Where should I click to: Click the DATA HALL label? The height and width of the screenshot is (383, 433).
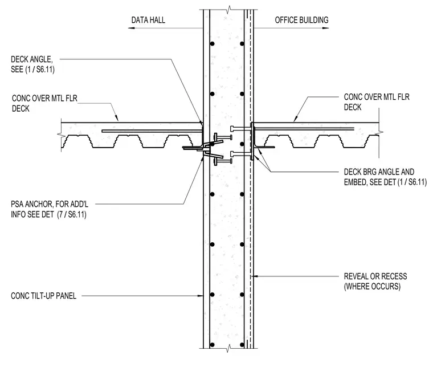[148, 20]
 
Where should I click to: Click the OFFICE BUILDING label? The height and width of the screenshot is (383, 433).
[301, 20]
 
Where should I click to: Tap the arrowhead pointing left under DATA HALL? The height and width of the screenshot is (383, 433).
[131, 28]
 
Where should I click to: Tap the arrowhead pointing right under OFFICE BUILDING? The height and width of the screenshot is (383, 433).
[325, 28]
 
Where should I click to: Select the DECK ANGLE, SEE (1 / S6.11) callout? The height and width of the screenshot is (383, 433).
[32, 64]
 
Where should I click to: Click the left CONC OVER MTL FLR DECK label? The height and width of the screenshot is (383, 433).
[44, 103]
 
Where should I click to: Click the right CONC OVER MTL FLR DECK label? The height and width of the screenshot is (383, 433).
[377, 102]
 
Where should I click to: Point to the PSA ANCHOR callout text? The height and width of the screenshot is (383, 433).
[50, 209]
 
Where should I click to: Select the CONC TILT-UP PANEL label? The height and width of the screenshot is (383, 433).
[43, 296]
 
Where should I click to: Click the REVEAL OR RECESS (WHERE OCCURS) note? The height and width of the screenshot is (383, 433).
[375, 281]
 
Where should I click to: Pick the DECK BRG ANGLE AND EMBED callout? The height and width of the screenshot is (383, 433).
[385, 177]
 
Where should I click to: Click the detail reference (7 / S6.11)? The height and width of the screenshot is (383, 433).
[72, 214]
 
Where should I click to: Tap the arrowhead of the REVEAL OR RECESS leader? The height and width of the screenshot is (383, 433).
[256, 276]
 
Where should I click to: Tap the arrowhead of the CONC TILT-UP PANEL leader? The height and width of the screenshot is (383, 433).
[201, 296]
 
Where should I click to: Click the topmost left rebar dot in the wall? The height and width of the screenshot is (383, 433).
[213, 44]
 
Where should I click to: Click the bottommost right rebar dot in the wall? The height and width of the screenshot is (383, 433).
[242, 345]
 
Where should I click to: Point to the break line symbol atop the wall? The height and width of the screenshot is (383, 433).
[228, 10]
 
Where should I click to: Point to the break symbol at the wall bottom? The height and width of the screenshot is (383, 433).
[228, 348]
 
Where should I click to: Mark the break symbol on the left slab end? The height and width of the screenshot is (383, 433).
[61, 135]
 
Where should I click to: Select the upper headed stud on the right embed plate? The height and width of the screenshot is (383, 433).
[240, 128]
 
